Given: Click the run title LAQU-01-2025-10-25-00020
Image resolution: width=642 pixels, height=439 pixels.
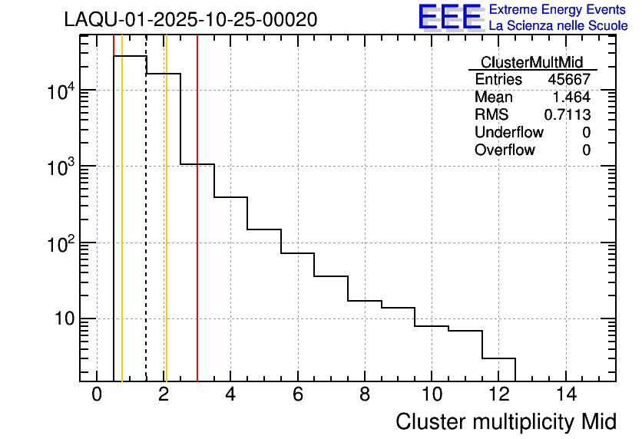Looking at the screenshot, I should (190, 20).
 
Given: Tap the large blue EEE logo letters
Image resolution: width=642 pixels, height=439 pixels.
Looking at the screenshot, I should (450, 18).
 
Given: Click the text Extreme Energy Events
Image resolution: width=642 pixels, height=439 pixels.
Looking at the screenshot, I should (558, 9).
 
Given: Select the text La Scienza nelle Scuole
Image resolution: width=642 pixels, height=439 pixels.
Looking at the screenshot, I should (558, 26).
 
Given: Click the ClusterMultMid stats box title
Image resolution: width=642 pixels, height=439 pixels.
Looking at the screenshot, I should (531, 62).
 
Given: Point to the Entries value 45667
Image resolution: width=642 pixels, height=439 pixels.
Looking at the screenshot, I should (568, 80).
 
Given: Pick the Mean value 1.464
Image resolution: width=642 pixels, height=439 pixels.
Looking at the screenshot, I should (571, 97).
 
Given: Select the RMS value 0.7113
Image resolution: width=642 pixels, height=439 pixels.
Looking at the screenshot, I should (568, 115).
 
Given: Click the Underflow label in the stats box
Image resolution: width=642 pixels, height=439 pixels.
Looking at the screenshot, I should (508, 133).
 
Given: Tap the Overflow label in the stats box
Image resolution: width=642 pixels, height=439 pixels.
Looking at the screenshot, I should (505, 150).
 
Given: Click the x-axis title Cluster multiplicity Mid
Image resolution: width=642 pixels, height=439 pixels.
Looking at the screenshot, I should (505, 421).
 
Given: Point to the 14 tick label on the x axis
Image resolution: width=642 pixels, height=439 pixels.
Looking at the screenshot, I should (565, 394).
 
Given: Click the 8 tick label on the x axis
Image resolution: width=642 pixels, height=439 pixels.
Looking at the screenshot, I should (364, 394).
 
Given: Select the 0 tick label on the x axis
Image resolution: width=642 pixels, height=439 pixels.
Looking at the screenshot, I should (97, 394).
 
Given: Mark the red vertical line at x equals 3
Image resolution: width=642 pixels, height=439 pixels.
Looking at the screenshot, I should (197, 230).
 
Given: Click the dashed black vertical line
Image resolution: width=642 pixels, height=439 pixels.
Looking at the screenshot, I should (146, 230).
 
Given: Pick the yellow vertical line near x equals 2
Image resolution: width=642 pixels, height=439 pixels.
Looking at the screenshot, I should (166, 230).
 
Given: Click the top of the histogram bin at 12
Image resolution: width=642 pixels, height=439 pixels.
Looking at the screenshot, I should (498, 358).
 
